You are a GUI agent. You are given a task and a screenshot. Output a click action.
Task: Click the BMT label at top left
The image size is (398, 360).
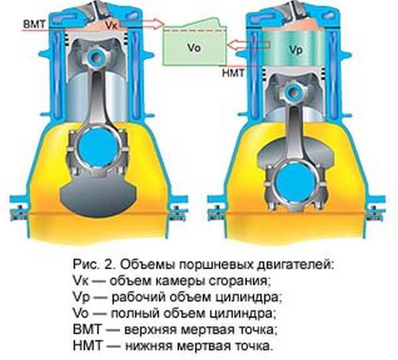pos(34,25)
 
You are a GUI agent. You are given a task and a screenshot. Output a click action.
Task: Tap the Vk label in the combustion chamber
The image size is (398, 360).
pos(111,25)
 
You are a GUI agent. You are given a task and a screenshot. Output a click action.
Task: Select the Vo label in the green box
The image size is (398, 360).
pos(194,48)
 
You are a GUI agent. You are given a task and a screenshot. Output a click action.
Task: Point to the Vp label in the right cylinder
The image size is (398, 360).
pos(296,50)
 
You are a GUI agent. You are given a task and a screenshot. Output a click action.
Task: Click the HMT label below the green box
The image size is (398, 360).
pos(233,73)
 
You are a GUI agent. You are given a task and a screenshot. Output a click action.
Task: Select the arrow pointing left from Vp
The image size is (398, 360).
pos(249,45)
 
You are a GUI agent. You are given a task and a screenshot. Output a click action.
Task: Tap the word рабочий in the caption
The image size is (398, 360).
pos(137,297)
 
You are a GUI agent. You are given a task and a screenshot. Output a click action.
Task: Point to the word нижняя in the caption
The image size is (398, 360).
pos(149,346)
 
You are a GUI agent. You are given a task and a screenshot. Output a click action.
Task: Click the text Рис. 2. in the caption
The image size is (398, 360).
pos(95,265)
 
